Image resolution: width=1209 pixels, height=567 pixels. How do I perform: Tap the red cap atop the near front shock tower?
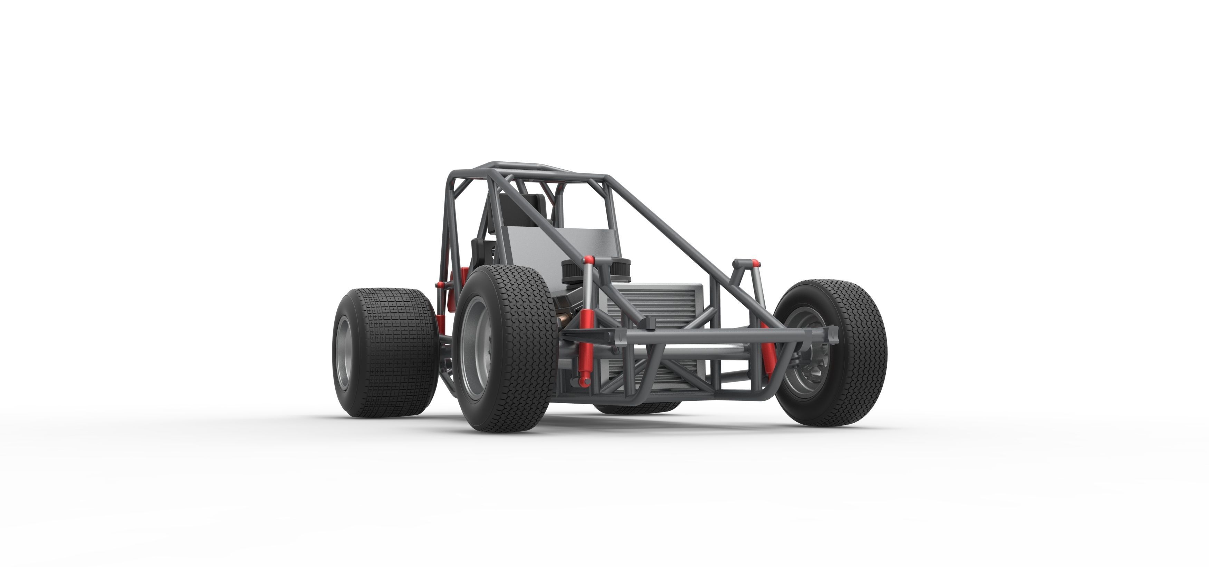[x=588, y=260]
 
